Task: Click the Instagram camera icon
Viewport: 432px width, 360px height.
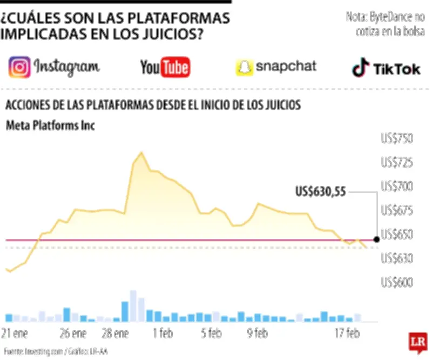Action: coord(19,68)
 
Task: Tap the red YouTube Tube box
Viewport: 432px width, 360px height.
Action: coord(175,68)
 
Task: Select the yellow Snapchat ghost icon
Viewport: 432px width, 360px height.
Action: coord(244,68)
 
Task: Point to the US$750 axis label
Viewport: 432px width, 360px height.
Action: coord(397,139)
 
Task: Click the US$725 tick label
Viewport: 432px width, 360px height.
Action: coord(397,162)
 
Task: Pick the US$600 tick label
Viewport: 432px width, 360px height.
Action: coord(397,283)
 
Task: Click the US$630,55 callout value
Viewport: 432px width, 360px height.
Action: coord(321,191)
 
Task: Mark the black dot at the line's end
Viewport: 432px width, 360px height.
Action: coord(376,238)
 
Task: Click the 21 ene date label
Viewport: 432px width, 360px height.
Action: coord(16,332)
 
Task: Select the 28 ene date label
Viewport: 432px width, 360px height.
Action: coord(114,332)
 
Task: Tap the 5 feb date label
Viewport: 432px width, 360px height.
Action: coord(211,332)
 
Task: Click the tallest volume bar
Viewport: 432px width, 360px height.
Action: coord(133,306)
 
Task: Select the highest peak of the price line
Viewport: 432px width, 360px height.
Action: coord(141,153)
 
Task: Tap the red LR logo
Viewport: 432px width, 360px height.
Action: coord(416,342)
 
